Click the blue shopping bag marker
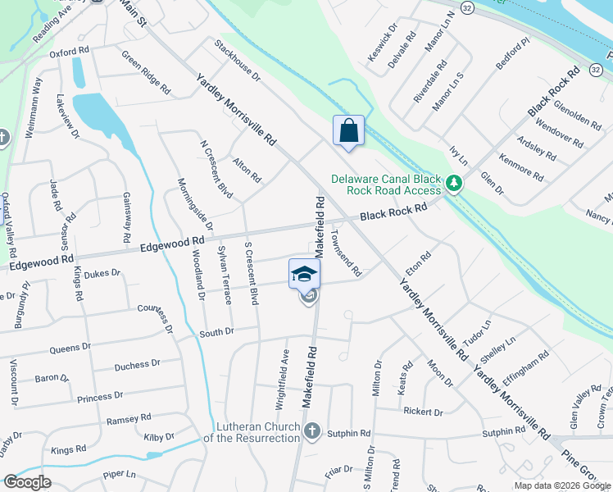[x=348, y=131]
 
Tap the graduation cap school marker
[x=303, y=274]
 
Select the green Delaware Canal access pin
[x=454, y=185]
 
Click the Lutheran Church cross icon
[x=311, y=431]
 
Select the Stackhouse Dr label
[x=237, y=60]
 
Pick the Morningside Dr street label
[x=195, y=203]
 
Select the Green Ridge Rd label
[x=146, y=72]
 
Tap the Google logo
[x=27, y=482]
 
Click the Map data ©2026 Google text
[x=562, y=485]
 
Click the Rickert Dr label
[x=423, y=412]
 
